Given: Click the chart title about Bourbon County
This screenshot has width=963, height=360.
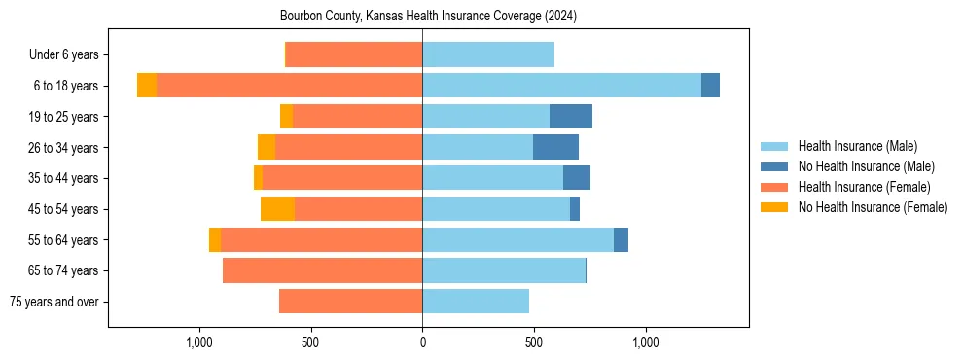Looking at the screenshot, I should tap(428, 17).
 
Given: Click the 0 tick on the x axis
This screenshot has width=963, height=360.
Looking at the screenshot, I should tap(422, 342).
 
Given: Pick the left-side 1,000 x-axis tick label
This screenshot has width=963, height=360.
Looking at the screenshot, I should tap(198, 342).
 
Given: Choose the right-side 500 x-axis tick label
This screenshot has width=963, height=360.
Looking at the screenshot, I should tap(534, 342).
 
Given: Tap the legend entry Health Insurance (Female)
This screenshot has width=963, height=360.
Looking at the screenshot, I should tap(864, 187).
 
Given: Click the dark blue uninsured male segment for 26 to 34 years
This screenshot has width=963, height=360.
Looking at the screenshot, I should tap(555, 147).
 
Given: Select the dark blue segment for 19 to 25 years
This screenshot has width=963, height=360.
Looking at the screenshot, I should tap(571, 117).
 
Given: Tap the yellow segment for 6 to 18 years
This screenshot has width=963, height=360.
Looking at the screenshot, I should tap(147, 86).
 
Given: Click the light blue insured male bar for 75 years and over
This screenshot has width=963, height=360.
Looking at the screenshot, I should tap(476, 302).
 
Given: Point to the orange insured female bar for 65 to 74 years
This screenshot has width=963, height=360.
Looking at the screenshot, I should tap(322, 270).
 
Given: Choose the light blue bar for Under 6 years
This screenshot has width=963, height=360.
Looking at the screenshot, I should tap(488, 54).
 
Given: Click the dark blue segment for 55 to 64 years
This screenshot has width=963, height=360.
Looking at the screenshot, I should tap(621, 239).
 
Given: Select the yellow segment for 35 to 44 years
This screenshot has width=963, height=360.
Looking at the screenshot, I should tap(258, 178).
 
